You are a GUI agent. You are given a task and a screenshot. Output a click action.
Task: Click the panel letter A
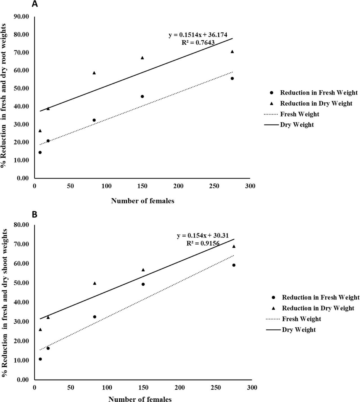click(35, 4)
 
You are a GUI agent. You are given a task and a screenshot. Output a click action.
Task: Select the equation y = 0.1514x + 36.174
click(198, 35)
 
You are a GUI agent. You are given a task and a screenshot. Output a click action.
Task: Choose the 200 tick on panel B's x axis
click(179, 388)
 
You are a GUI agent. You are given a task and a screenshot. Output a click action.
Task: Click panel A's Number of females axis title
click(143, 201)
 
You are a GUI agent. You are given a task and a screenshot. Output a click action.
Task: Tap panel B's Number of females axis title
click(140, 399)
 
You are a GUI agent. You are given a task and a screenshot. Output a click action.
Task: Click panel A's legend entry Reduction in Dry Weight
click(316, 103)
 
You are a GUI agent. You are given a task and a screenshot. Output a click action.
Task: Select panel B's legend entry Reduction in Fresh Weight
click(321, 297)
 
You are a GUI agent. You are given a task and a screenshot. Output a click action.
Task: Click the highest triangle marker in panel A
click(232, 51)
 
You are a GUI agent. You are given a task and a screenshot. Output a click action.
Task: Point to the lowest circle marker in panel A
click(40, 152)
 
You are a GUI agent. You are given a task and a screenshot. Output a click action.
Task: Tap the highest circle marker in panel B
click(234, 265)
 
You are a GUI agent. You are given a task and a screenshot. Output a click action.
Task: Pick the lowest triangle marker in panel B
click(40, 329)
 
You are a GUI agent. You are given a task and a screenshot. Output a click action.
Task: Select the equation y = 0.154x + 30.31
click(202, 236)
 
